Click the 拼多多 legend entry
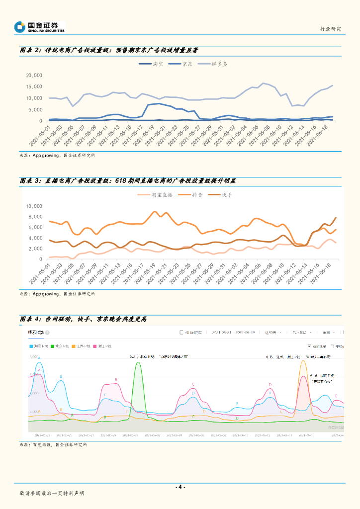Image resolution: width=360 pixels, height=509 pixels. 219,64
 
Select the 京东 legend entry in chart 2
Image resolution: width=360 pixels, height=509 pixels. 187,64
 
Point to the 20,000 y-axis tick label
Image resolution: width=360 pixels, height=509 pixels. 34,76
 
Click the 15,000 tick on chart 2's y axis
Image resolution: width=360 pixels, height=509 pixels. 34,87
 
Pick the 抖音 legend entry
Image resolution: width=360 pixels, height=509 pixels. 197,195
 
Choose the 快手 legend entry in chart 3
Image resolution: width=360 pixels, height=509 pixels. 227,195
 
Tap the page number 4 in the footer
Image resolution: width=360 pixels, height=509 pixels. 180,487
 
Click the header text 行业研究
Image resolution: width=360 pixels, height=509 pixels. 330,29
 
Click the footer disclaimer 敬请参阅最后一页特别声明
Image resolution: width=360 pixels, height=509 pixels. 52,493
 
